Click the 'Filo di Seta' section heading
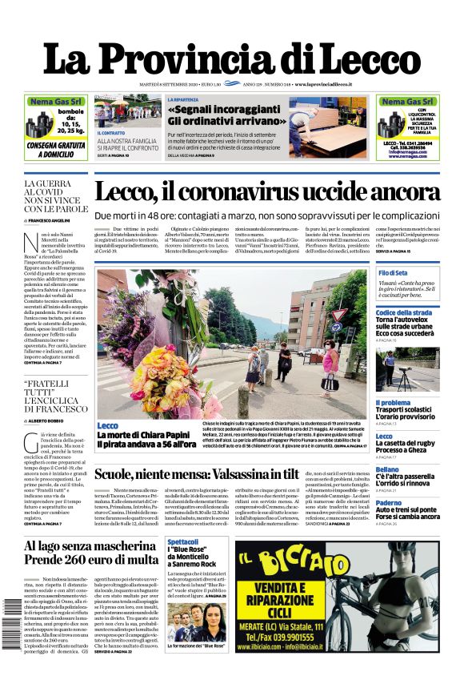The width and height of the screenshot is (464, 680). tap(394, 273)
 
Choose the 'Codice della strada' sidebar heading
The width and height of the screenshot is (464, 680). tap(404, 312)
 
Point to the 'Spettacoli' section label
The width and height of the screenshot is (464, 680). tap(182, 542)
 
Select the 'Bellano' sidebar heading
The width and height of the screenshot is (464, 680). tap(387, 469)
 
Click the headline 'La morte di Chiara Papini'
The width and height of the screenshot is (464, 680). tap(146, 435)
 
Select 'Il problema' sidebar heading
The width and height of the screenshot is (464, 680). tap(393, 403)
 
